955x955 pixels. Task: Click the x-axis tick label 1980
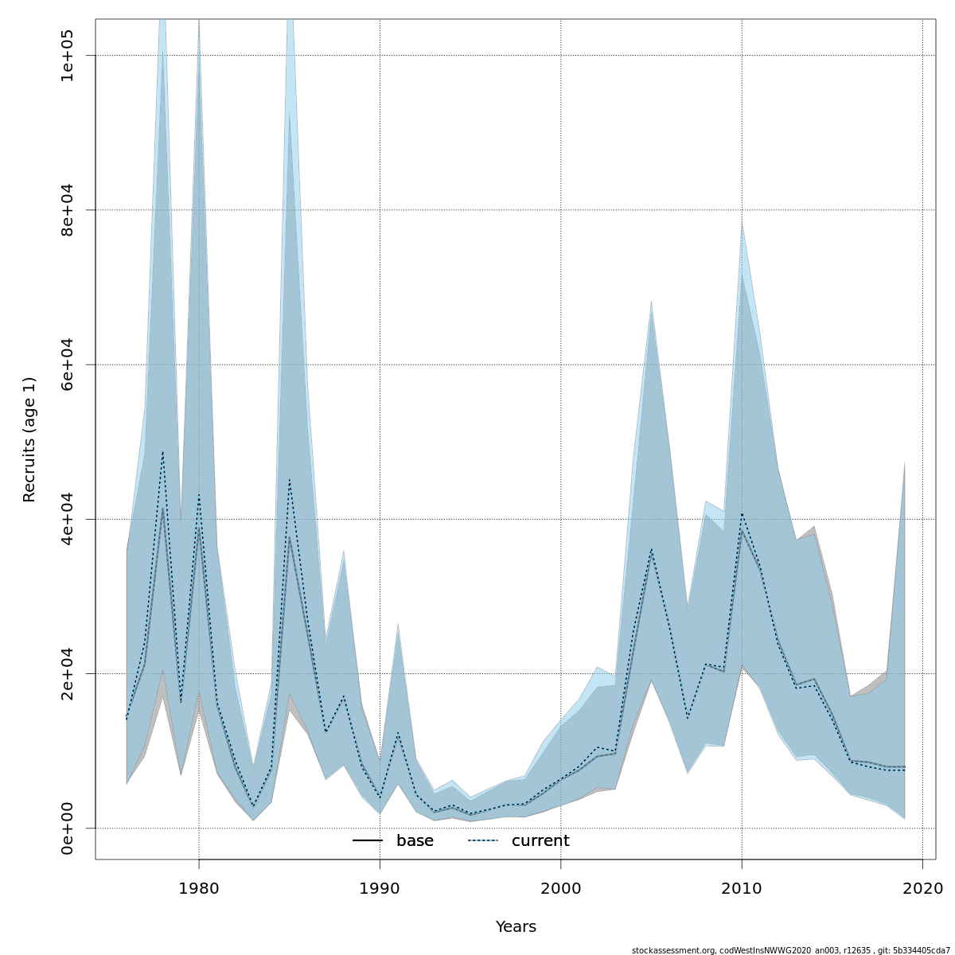199,887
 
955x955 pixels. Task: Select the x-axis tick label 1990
380,887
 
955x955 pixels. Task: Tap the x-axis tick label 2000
561,887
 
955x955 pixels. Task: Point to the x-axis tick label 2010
742,887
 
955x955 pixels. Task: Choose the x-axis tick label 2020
922,887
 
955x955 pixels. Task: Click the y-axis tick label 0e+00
68,828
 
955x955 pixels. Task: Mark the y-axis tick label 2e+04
68,673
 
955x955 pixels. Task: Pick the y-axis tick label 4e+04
68,519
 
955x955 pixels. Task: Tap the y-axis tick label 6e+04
68,364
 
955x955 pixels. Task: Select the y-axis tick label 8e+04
68,210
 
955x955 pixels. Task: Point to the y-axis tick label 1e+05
68,56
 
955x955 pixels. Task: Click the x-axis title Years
516,927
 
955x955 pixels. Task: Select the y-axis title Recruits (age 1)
29,439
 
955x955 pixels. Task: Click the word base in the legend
415,841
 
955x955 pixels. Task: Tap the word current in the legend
540,841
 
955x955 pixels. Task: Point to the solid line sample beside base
368,841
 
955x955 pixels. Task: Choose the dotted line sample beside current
482,841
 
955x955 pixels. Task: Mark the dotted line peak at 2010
742,513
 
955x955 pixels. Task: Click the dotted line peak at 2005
651,549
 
